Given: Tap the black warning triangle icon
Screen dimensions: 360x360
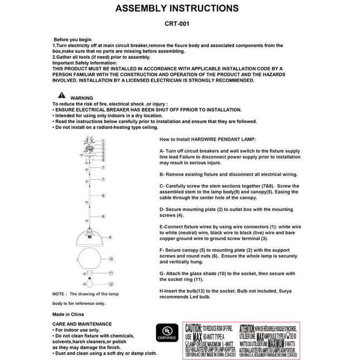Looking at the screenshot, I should tap(61, 96).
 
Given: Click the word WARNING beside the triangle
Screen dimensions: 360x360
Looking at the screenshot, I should tap(81, 98).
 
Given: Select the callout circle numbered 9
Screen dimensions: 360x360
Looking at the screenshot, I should tap(111, 237).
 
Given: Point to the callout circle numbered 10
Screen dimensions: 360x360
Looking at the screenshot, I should tap(111, 259).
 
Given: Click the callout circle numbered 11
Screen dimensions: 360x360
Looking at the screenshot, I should tap(111, 273).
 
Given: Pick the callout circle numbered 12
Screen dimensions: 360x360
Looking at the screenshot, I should tap(111, 285).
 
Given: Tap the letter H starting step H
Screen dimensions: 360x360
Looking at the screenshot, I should tap(161, 291).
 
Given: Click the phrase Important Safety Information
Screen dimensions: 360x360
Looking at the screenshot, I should tap(85, 63).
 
